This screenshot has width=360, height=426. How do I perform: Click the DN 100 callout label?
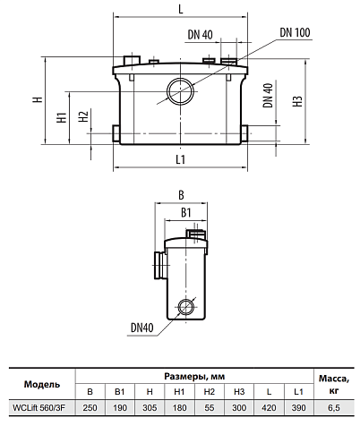295,32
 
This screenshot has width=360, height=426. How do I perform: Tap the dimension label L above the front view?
181,9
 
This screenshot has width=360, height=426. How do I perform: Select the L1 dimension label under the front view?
181,159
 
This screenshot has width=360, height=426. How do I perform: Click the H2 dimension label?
83,116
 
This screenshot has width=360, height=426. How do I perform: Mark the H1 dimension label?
62,117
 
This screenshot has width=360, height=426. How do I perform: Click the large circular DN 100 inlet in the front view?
180,91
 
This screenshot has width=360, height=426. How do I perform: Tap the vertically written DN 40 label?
268,95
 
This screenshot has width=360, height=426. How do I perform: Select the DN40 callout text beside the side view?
142,328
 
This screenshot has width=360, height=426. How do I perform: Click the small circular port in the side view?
186,306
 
